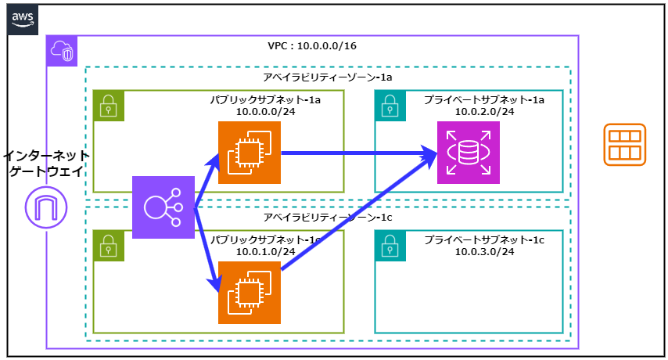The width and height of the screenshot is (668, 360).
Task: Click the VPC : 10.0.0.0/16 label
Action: coord(312,46)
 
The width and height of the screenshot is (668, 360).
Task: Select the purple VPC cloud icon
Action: coord(62,51)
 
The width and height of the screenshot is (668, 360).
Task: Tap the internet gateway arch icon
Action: coord(46,207)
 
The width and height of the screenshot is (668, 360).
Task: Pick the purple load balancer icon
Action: coord(163,207)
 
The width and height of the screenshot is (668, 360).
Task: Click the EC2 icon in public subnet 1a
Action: coord(249,153)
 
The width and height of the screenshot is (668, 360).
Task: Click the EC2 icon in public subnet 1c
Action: coord(249,293)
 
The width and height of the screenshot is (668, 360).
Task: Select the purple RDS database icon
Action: coord(468,153)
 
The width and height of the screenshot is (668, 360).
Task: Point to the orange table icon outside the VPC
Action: coord(624,145)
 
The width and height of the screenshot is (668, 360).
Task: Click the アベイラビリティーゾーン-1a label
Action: coord(328,78)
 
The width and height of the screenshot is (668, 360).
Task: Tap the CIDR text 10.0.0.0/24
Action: coord(266,112)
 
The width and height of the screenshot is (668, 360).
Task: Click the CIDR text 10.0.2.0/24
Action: coord(485,112)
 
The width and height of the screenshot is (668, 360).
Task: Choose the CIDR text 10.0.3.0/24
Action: coord(485,251)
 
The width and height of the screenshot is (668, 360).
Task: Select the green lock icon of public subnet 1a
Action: coord(109,106)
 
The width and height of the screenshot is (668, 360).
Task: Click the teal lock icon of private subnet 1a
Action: coord(390,106)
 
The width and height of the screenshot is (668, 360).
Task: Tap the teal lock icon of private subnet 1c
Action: coord(390,246)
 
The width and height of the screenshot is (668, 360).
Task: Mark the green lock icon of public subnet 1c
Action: coord(109,246)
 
